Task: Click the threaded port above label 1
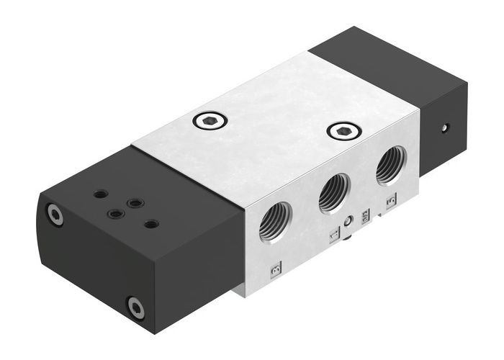pos(332,190)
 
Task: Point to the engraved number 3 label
pos(275,270)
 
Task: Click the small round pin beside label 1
pos(347,222)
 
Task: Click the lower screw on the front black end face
pos(135,307)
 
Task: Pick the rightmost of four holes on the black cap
pos(150,224)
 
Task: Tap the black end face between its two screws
pos(94,261)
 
